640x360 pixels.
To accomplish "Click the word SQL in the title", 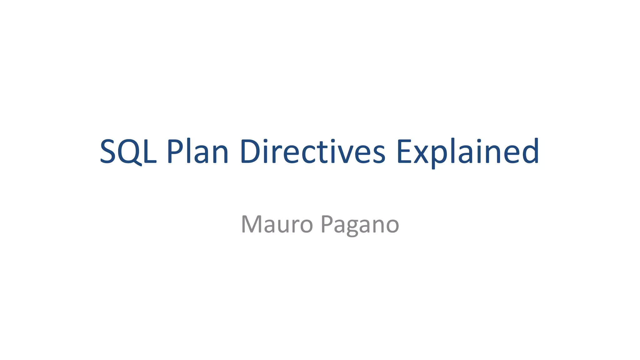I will click(128, 152).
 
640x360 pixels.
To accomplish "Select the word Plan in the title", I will click(197, 152).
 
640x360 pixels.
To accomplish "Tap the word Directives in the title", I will click(312, 152).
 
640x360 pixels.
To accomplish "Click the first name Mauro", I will click(277, 224).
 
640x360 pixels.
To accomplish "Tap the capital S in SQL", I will click(108, 152).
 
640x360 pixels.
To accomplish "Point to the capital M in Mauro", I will click(252, 224).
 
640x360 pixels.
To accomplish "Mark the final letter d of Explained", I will click(530, 152).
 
